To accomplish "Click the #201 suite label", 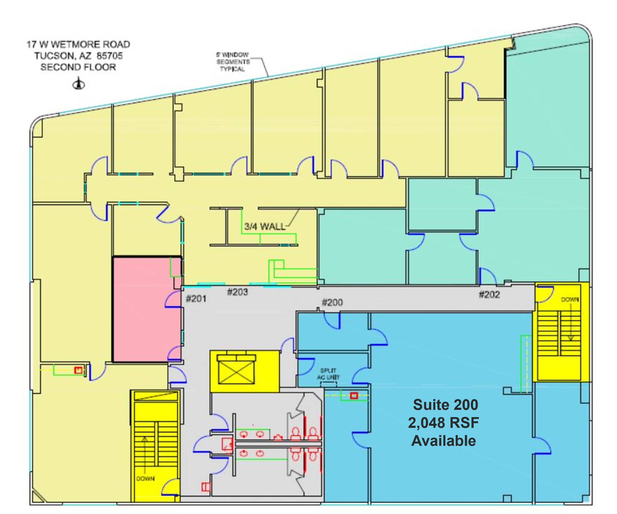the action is (x=196, y=299).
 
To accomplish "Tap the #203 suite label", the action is (x=237, y=292).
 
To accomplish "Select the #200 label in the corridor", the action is (x=332, y=302).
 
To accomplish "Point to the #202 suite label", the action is (x=489, y=295).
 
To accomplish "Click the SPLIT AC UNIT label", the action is (x=328, y=374).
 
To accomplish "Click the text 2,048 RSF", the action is (x=444, y=423).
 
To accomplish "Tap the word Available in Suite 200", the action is (x=444, y=440).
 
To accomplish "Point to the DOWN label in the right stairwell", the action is (x=570, y=300).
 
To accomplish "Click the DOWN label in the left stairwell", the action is (x=145, y=479).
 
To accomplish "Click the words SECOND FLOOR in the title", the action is (x=78, y=67).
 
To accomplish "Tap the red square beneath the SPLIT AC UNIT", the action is (x=354, y=396).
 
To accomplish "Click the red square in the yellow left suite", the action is (x=78, y=370).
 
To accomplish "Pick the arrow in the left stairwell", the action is (x=145, y=455).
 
